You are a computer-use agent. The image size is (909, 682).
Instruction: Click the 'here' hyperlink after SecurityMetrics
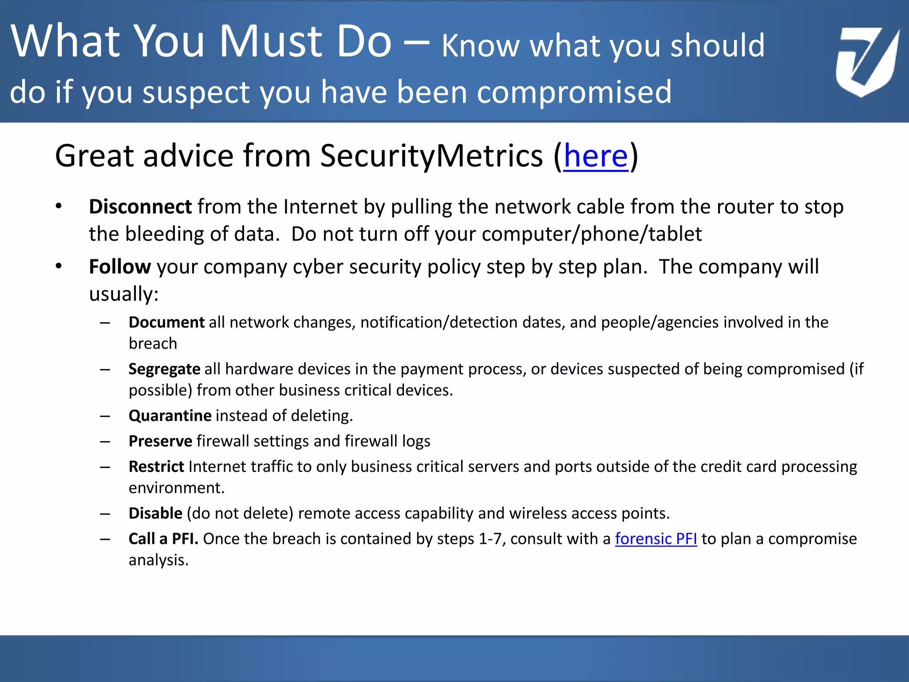[x=596, y=156]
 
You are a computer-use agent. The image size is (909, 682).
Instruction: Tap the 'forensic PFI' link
[x=656, y=539]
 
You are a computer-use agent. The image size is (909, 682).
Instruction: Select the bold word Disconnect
[x=140, y=207]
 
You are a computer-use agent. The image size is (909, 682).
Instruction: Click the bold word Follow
[x=120, y=267]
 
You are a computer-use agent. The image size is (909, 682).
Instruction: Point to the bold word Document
[x=166, y=322]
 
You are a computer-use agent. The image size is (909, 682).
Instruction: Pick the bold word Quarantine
[x=170, y=416]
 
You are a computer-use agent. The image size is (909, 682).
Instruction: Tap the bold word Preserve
[x=160, y=441]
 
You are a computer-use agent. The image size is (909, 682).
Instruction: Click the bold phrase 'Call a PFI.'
[x=163, y=539]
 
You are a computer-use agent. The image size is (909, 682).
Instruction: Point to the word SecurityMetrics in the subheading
[x=431, y=156]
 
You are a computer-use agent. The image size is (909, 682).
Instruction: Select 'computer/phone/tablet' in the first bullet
[x=592, y=234]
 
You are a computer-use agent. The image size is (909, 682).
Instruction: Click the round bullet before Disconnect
[x=59, y=206]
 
